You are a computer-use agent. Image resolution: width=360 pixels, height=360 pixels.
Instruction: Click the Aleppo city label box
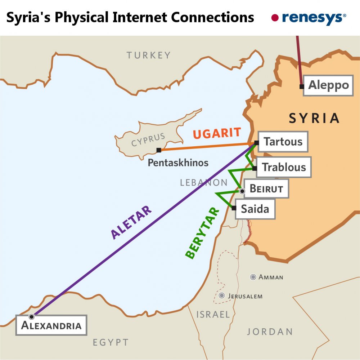pyautogui.click(x=328, y=85)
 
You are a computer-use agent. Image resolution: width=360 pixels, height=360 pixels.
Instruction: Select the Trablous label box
pyautogui.click(x=284, y=167)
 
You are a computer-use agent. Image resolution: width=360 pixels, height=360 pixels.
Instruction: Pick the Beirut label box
pyautogui.click(x=266, y=188)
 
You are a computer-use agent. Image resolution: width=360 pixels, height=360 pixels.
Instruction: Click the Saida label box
pyautogui.click(x=255, y=209)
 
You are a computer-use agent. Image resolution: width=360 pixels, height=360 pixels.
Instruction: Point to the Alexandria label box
pyautogui.click(x=51, y=325)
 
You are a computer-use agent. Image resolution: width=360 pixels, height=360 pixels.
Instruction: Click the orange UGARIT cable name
pyautogui.click(x=217, y=133)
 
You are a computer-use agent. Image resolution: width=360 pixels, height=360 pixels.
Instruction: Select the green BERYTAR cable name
pyautogui.click(x=202, y=233)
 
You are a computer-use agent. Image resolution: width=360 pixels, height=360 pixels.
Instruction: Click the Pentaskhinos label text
pyautogui.click(x=178, y=163)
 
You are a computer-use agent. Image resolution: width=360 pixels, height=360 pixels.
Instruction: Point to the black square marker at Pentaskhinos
pyautogui.click(x=159, y=150)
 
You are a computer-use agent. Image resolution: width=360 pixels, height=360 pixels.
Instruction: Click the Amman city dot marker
pyautogui.click(x=253, y=277)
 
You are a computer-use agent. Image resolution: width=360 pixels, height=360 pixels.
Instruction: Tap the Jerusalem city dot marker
pyautogui.click(x=222, y=296)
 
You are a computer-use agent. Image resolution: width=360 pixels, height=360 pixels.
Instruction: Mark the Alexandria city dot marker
pyautogui.click(x=32, y=316)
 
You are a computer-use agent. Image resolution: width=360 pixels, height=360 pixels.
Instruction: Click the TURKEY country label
pyautogui.click(x=148, y=55)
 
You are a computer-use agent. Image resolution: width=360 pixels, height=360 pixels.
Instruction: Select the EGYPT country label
pyautogui.click(x=111, y=342)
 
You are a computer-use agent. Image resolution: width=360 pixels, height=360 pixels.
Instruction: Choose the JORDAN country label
pyautogui.click(x=270, y=332)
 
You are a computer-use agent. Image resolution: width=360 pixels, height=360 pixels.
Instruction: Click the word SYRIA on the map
pyautogui.click(x=314, y=118)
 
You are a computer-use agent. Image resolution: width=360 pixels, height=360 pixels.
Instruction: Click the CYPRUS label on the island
pyautogui.click(x=148, y=140)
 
